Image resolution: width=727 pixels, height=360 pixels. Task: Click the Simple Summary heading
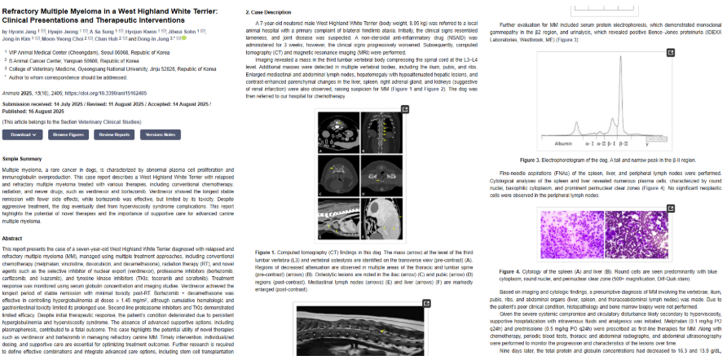point(22,158)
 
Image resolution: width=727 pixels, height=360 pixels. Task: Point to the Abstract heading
point(14,238)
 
